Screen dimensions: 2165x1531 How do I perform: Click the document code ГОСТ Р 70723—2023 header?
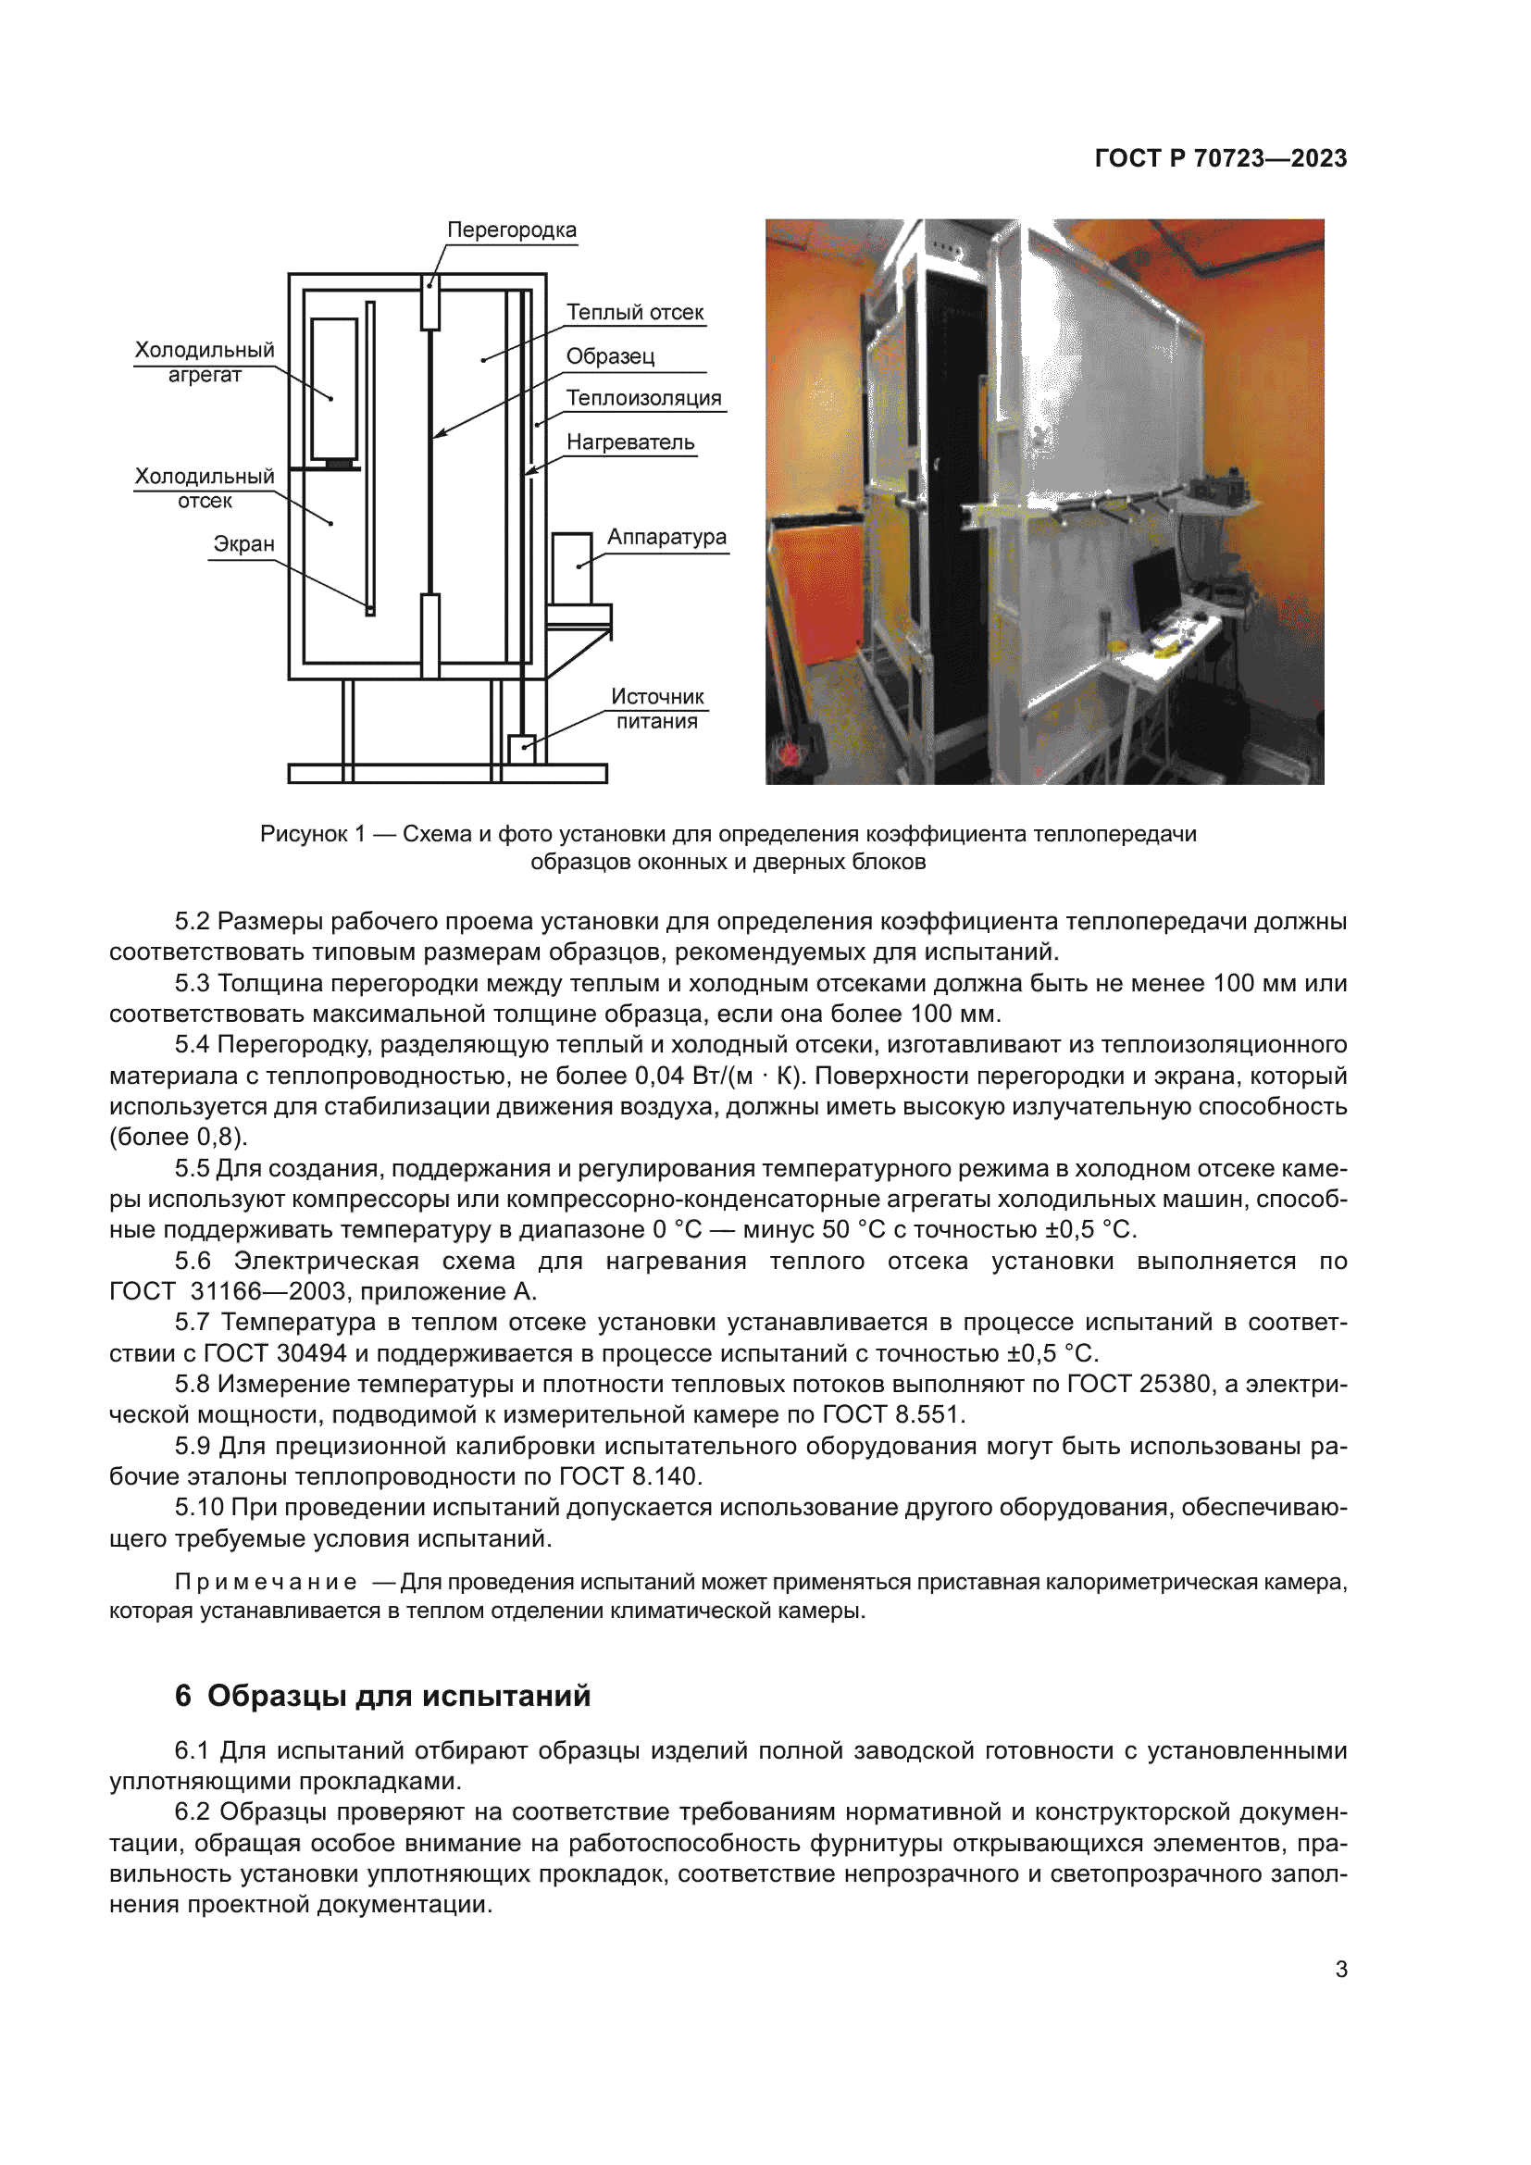1220,158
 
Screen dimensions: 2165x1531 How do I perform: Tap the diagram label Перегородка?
511,230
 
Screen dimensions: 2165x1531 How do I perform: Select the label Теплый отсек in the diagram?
634,312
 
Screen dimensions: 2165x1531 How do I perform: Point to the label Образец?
610,356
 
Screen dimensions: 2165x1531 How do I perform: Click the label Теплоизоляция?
643,398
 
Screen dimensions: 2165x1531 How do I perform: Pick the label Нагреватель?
629,442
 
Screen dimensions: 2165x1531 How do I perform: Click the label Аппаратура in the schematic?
666,537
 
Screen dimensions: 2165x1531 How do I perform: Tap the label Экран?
243,544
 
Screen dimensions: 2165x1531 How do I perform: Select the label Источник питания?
657,708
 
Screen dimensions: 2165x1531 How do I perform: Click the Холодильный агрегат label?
205,362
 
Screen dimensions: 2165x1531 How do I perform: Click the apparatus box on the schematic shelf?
571,568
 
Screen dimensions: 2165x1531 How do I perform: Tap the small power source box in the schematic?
521,749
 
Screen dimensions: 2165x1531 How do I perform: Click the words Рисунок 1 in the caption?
312,834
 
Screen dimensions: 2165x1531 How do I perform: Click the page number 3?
1340,1969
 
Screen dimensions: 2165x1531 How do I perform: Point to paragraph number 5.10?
198,1507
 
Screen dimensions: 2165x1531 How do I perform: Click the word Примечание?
265,1581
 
